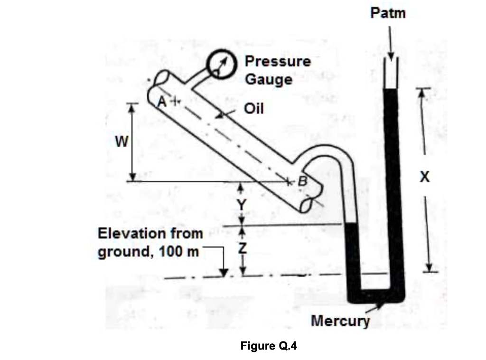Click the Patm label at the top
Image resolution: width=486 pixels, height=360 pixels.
pos(388,13)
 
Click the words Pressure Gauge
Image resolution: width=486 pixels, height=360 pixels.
pos(278,70)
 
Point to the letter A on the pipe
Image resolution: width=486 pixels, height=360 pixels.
pos(162,101)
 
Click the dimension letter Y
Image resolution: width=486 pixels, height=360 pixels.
pos(242,204)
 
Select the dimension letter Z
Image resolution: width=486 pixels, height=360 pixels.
pos(242,248)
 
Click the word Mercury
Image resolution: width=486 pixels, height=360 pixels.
pos(340,321)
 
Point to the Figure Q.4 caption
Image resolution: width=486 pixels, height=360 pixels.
pos(268,345)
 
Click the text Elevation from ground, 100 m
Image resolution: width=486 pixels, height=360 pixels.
pos(150,242)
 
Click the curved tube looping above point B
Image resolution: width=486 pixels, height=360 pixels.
pos(323,152)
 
